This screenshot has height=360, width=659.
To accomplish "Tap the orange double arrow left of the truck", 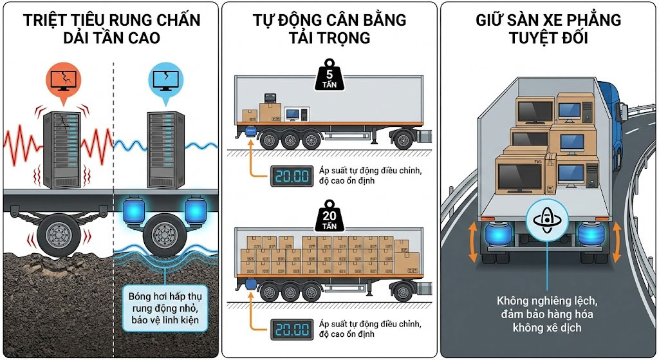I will (x=473, y=242).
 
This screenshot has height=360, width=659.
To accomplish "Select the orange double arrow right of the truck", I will (x=616, y=242).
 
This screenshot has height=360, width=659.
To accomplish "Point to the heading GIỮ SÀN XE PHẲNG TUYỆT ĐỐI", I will (x=548, y=28).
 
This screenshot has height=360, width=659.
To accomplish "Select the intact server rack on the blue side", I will (x=165, y=145).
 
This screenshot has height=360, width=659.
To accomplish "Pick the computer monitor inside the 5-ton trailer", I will (x=293, y=114).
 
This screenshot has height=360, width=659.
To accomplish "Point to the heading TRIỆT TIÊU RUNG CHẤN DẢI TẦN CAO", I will (x=110, y=28).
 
